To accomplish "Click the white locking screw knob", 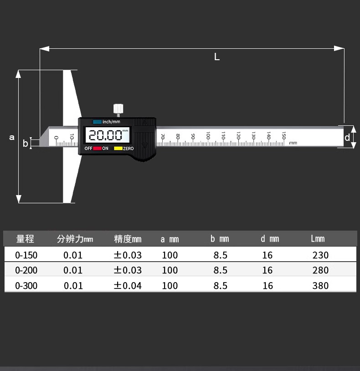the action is [x=118, y=108].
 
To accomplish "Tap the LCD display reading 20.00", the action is [x=108, y=135].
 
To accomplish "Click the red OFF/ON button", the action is [x=97, y=148].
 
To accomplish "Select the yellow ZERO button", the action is [x=118, y=148].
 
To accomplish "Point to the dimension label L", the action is [x=216, y=57].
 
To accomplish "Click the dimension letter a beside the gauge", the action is [x=12, y=137].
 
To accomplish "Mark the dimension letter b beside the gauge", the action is [x=26, y=144].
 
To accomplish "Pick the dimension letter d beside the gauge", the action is [x=347, y=137].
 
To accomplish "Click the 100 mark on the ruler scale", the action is [x=208, y=135].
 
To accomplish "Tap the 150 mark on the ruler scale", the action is [x=284, y=135].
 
